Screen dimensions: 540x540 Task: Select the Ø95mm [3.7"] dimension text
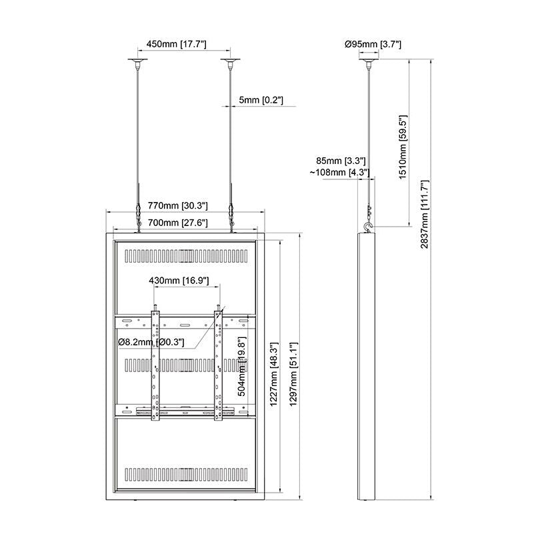pos(373,44)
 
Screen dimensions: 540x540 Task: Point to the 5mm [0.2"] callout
pos(261,100)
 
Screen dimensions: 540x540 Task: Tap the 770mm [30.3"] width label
pos(178,206)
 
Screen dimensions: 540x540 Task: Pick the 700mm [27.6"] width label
pos(178,223)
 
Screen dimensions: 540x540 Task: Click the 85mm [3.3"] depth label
pos(342,161)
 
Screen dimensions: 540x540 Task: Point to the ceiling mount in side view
pos(368,64)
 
